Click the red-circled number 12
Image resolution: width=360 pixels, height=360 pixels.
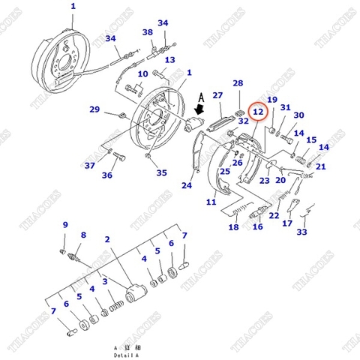[x=257, y=112]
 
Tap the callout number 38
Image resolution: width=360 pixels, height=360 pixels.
[x=148, y=32]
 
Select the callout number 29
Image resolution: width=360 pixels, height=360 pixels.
[x=94, y=109]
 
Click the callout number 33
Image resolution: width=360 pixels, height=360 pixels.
[x=301, y=232]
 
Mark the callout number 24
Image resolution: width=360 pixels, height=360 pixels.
[x=187, y=186]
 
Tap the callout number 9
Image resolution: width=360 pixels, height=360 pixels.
[x=65, y=225]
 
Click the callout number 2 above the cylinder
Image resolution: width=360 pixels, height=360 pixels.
[x=108, y=239]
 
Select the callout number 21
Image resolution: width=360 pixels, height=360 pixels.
[x=321, y=166]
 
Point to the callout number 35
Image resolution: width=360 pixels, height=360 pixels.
[x=161, y=173]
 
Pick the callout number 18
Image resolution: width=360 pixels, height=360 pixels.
[x=233, y=227]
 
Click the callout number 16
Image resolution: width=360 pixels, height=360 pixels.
[x=257, y=226]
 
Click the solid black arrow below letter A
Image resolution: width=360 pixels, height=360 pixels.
[x=199, y=110]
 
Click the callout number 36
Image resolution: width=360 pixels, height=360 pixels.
[x=107, y=175]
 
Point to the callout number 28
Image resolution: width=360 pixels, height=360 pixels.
[x=238, y=83]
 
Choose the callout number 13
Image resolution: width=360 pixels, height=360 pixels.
[x=170, y=60]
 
